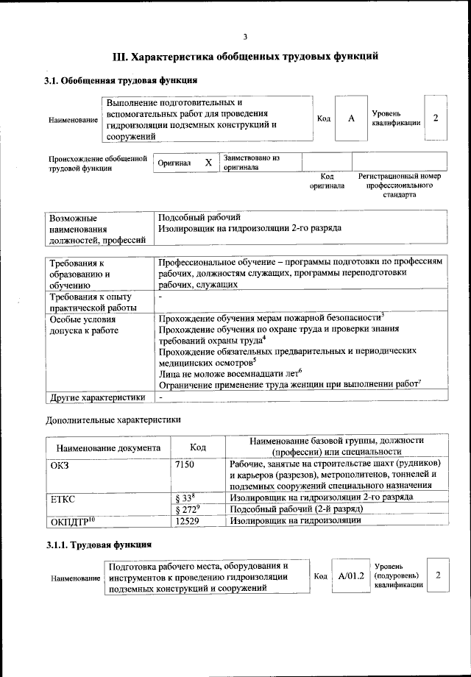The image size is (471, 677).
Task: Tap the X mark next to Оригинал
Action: (208, 163)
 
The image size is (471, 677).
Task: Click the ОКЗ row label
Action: (59, 464)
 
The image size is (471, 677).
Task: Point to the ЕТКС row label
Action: (63, 497)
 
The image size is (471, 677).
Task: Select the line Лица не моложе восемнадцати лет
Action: (230, 372)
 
